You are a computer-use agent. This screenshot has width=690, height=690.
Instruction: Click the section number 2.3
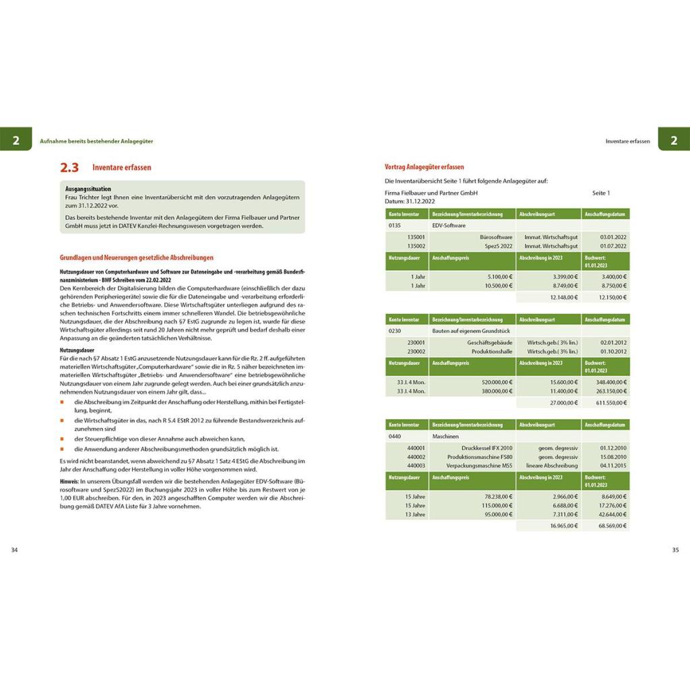69,168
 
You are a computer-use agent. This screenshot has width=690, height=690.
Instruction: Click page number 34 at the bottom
15,550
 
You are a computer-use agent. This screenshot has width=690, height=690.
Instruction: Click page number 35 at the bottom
675,550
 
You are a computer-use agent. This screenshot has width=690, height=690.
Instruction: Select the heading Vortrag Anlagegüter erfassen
424,167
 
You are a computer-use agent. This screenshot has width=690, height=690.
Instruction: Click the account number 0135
395,225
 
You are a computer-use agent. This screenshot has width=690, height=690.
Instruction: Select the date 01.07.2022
613,246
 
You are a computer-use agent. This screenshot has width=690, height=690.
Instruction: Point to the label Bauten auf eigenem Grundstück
471,331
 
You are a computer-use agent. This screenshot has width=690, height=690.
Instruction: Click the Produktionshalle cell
492,351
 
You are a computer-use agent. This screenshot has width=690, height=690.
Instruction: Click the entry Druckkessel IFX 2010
487,447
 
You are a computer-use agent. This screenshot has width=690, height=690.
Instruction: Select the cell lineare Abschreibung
552,465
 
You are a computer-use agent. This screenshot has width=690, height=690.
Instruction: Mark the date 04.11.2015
613,465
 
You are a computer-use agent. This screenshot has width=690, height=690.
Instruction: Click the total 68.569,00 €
612,525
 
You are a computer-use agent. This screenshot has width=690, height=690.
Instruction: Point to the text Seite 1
601,193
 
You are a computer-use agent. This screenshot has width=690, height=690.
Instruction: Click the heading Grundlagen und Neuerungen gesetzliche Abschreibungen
137,257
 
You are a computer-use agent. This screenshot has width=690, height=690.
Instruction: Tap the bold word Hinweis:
69,482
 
